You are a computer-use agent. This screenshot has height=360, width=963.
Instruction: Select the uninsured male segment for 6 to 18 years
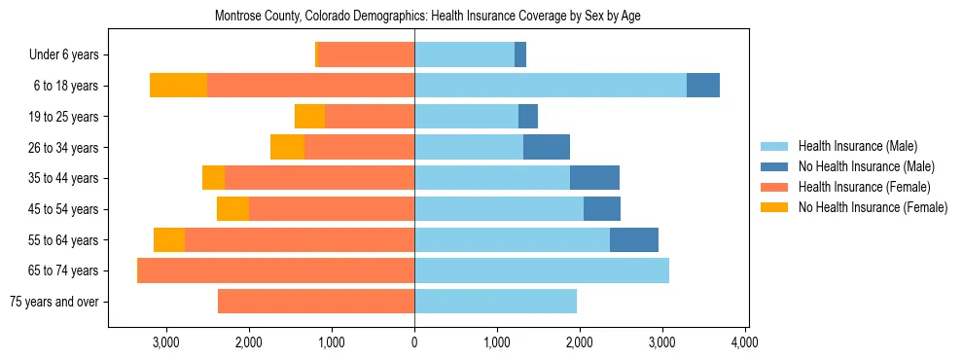pyautogui.click(x=703, y=86)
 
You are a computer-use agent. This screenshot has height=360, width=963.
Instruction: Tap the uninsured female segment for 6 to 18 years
pyautogui.click(x=178, y=86)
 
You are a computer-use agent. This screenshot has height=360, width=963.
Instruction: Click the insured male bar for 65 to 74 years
pyautogui.click(x=542, y=270)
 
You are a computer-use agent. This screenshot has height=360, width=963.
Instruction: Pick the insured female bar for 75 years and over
pyautogui.click(x=316, y=302)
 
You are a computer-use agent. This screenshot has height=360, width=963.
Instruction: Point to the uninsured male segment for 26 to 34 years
pyautogui.click(x=547, y=147)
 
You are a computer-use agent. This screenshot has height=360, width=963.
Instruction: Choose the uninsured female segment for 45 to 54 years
pyautogui.click(x=232, y=209)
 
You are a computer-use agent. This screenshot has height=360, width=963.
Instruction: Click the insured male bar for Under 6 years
pyautogui.click(x=465, y=54)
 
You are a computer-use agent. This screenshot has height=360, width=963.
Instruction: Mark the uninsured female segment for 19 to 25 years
pyautogui.click(x=309, y=117)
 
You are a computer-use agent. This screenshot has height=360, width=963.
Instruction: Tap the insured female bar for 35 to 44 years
pyautogui.click(x=320, y=178)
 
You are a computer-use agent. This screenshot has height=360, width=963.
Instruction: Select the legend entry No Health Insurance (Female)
pyautogui.click(x=873, y=207)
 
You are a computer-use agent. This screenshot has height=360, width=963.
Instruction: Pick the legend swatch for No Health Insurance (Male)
pyautogui.click(x=775, y=166)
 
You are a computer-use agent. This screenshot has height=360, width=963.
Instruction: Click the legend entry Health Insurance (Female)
pyautogui.click(x=864, y=187)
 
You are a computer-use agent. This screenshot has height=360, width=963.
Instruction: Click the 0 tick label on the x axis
pyautogui.click(x=414, y=342)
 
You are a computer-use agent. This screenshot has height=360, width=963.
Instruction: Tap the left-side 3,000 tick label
pyautogui.click(x=166, y=342)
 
